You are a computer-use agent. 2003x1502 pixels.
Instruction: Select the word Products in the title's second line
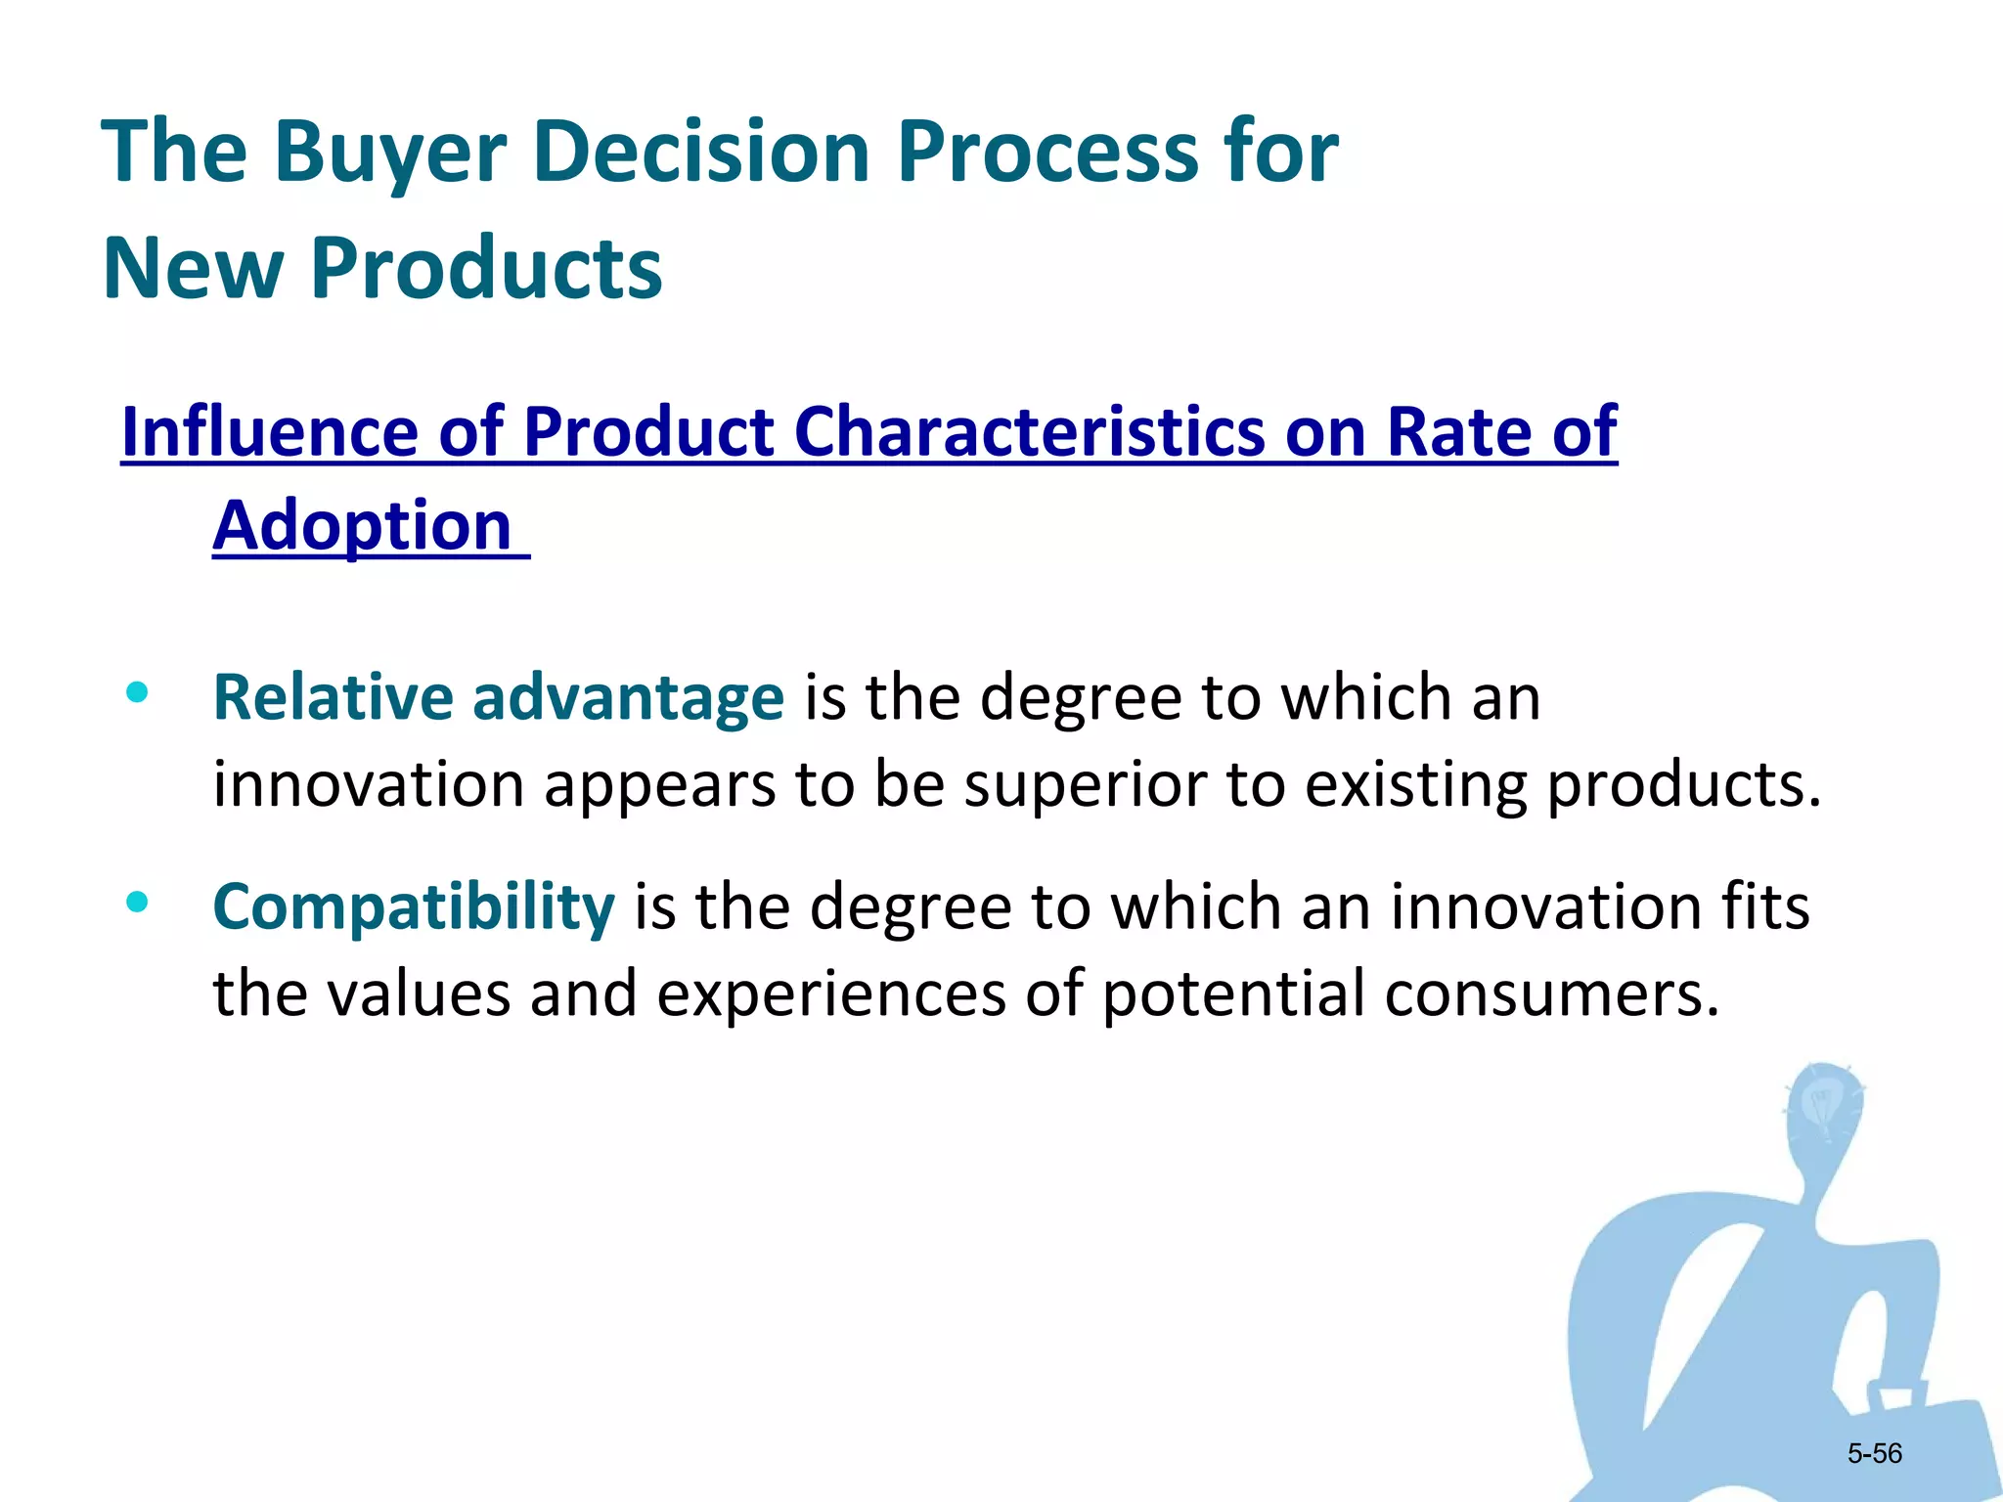tap(486, 268)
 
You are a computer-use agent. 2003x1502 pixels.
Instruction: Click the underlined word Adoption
tap(362, 526)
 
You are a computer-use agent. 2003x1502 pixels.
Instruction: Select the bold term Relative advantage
tap(498, 697)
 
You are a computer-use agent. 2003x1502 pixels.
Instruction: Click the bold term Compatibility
tap(413, 906)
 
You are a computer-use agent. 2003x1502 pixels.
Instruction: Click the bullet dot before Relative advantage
tap(137, 693)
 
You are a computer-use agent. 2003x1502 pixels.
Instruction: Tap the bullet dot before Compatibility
tap(137, 903)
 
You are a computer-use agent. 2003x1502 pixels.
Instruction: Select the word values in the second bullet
tap(418, 994)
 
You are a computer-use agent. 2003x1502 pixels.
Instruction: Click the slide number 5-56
tap(1874, 1454)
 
